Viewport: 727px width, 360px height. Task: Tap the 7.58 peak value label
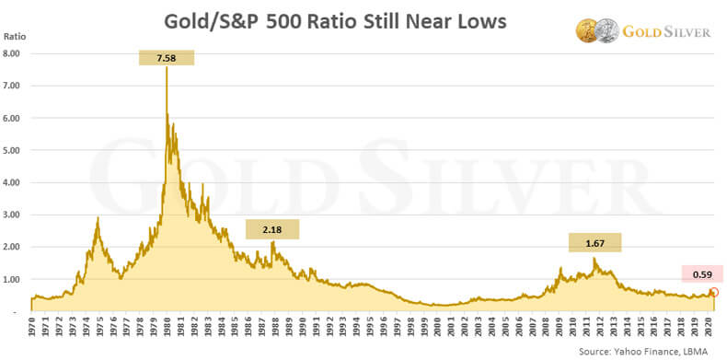[167, 57]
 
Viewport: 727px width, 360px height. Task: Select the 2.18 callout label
[272, 229]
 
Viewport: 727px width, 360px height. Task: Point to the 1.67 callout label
[595, 243]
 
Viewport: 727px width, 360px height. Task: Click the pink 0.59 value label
[701, 273]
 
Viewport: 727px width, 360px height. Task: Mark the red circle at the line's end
[713, 293]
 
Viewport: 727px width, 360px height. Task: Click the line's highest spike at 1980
[167, 69]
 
